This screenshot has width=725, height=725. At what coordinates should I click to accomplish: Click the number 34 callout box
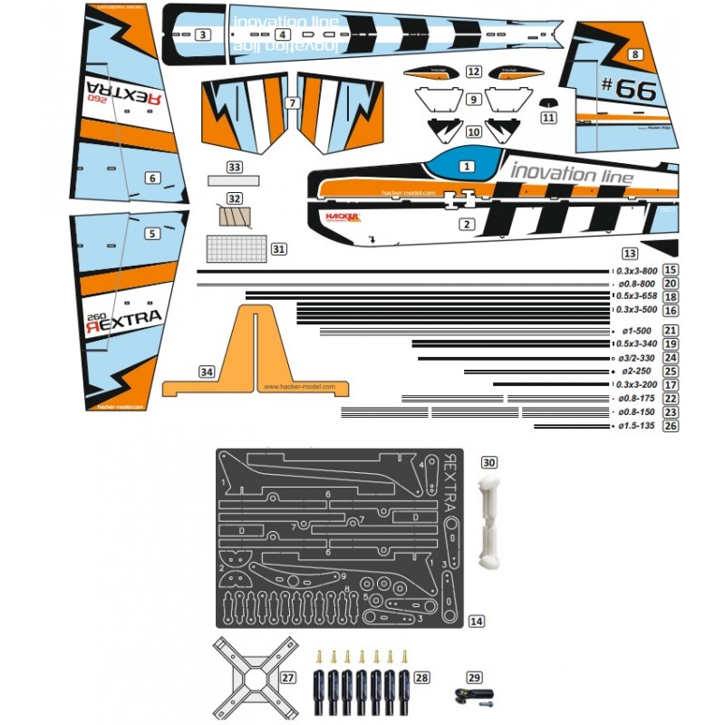pos(207,372)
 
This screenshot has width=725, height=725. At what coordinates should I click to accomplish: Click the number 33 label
pos(235,168)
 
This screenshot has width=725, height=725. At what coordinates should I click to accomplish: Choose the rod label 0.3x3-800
pos(638,270)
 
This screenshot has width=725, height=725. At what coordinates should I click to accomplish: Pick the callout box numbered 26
pos(671,425)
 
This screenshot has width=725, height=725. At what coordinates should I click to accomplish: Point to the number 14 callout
pos(477,621)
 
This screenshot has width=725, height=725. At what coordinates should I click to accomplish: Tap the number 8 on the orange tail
pos(636,54)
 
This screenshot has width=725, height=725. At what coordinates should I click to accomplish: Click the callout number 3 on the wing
pos(203,35)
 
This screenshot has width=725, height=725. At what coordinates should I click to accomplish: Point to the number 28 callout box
pos(421,677)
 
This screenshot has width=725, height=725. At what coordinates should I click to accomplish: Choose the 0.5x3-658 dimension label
pos(638,296)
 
